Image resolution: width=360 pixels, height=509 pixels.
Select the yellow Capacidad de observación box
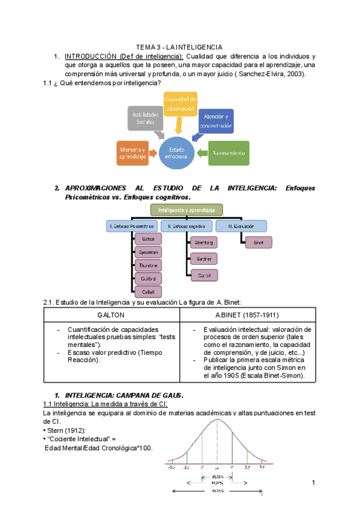[179, 104]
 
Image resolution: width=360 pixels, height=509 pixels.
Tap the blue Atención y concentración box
[217, 121]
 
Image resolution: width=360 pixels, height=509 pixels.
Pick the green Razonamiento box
[229, 152]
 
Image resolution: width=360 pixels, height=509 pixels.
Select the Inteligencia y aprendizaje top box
[187, 209]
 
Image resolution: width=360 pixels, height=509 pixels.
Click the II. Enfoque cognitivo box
[187, 226]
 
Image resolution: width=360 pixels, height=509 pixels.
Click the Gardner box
[204, 259]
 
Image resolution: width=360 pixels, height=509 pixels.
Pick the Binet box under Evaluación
[258, 242]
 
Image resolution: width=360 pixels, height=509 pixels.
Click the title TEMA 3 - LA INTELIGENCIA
[179, 47]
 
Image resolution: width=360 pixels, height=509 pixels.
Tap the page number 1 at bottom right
[314, 483]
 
